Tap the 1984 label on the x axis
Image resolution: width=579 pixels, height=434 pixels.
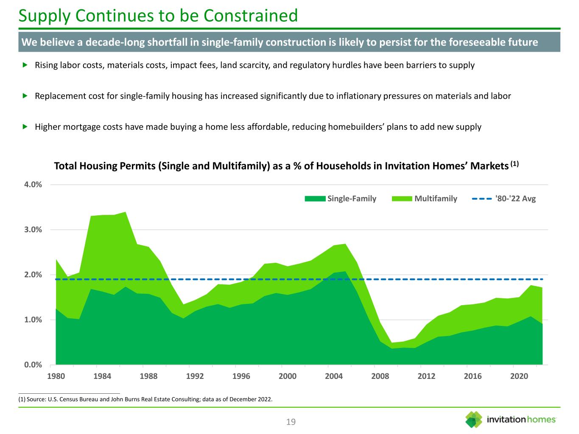tap(103, 376)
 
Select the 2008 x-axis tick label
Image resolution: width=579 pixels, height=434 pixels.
tap(380, 376)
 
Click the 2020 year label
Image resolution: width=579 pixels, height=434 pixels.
tap(519, 376)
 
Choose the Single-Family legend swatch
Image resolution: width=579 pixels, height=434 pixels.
tap(315, 199)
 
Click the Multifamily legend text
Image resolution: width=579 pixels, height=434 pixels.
tap(436, 199)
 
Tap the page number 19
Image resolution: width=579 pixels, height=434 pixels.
tap(291, 422)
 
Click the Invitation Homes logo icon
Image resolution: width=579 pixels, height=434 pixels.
tap(474, 419)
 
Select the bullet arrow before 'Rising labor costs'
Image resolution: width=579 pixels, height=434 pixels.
tap(25, 65)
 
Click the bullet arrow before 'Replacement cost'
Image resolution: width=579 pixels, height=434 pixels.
tap(25, 96)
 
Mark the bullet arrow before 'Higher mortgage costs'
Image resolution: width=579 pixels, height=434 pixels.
tap(25, 126)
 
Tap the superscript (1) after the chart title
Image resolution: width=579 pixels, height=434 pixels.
tap(515, 163)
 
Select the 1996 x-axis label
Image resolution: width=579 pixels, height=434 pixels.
tap(241, 376)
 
